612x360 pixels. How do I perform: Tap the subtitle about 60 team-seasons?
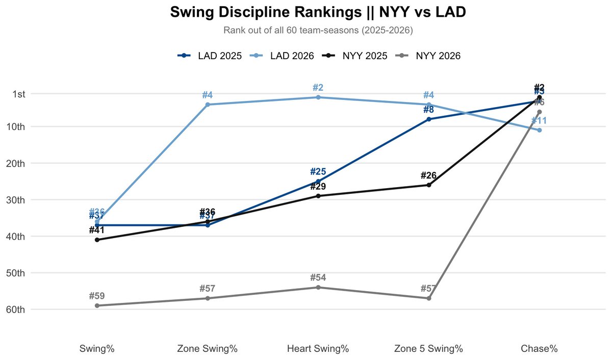[x=318, y=31]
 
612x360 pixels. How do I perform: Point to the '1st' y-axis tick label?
[x=24, y=94]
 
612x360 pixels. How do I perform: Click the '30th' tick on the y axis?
[x=22, y=200]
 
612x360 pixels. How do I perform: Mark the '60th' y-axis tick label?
[x=22, y=310]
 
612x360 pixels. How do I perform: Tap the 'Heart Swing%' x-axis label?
[x=318, y=349]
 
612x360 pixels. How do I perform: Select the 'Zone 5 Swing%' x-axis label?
[x=428, y=349]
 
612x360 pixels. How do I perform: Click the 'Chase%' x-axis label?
[x=539, y=349]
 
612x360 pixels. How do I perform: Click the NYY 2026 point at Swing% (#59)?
[x=97, y=305]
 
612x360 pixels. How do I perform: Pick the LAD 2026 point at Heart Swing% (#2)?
[x=318, y=97]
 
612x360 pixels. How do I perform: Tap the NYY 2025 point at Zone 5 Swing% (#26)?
[x=429, y=185]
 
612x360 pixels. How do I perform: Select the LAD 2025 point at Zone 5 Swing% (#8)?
[x=429, y=119]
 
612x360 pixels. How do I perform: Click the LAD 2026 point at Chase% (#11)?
[x=540, y=130]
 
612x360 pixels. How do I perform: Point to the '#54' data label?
[x=318, y=278]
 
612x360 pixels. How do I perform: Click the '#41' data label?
[x=97, y=230]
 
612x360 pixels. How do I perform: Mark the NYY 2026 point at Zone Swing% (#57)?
[x=208, y=298]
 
